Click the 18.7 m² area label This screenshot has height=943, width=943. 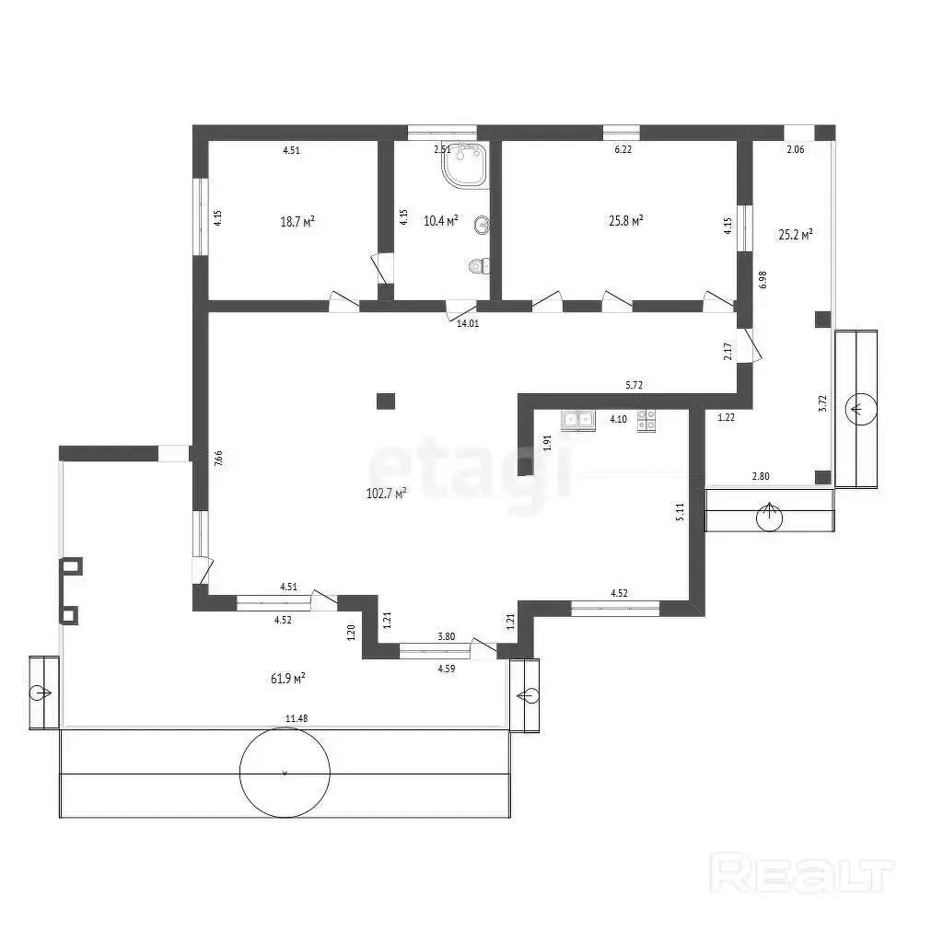click(297, 221)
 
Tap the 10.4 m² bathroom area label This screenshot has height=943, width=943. click(441, 221)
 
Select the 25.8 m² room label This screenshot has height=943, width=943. click(626, 221)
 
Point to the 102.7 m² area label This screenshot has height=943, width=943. click(386, 494)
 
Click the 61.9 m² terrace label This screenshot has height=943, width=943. click(288, 679)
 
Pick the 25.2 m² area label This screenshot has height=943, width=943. click(796, 235)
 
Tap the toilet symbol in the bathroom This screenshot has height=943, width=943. click(479, 266)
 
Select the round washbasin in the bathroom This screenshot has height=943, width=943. click(482, 226)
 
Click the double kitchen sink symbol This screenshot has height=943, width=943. click(578, 420)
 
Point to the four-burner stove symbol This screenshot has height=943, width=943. click(646, 420)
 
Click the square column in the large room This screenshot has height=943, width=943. click(386, 401)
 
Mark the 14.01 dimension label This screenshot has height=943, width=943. click(468, 323)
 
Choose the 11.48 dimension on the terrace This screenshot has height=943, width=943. click(297, 718)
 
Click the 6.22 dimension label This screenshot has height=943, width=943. click(623, 150)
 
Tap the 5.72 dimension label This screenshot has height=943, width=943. click(634, 386)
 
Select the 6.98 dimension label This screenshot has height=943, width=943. click(763, 280)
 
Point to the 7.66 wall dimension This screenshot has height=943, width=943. click(219, 459)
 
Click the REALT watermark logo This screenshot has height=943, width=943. click(802, 872)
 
